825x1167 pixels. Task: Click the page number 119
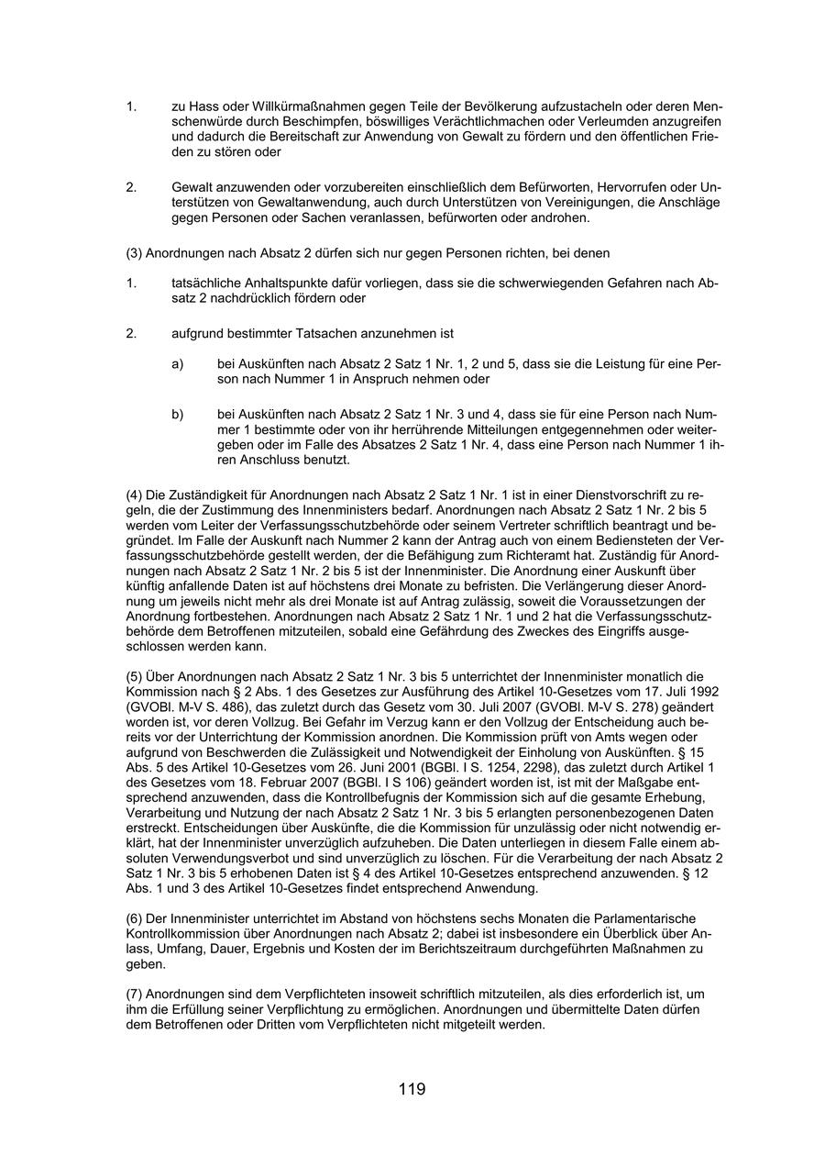(412, 1089)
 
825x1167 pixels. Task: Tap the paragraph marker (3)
(134, 252)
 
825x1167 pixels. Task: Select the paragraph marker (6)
(134, 918)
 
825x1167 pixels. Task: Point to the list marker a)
(178, 364)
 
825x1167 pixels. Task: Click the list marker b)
(178, 414)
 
